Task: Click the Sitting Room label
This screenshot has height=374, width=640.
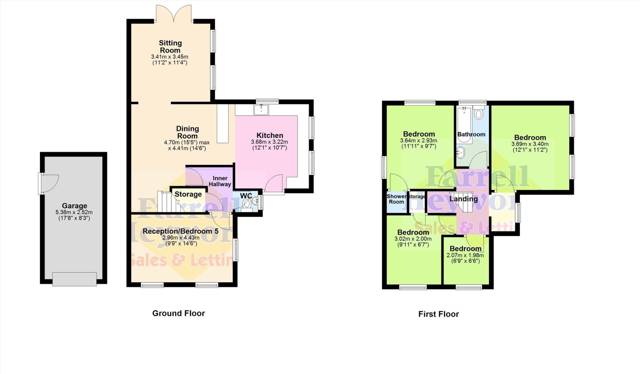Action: pyautogui.click(x=170, y=47)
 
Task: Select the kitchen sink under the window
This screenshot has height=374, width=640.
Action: pyautogui.click(x=261, y=110)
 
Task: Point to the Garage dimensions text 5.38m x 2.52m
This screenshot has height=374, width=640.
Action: pyautogui.click(x=74, y=212)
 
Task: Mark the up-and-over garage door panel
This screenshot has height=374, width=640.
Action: pyautogui.click(x=74, y=279)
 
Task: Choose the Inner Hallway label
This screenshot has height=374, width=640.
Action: pyautogui.click(x=220, y=181)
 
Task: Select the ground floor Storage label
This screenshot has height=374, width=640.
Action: pyautogui.click(x=188, y=194)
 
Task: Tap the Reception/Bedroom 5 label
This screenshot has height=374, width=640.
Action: pyautogui.click(x=180, y=231)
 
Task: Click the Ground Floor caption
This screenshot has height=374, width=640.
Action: pyautogui.click(x=178, y=313)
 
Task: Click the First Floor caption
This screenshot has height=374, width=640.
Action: pyautogui.click(x=438, y=314)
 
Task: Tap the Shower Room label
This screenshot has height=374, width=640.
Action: pyautogui.click(x=397, y=199)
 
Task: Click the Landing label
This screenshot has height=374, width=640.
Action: pyautogui.click(x=463, y=199)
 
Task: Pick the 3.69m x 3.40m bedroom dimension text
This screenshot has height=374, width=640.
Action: pyautogui.click(x=530, y=144)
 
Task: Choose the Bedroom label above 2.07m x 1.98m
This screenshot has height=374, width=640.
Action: pyautogui.click(x=465, y=249)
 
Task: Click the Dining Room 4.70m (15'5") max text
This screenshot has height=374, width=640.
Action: pyautogui.click(x=187, y=142)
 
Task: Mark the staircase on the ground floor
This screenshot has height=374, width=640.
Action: pyautogui.click(x=169, y=202)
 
